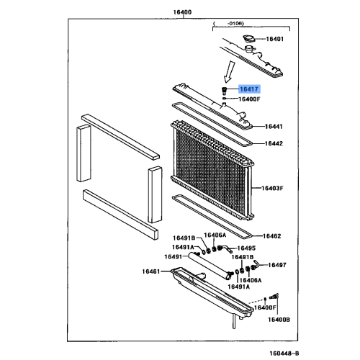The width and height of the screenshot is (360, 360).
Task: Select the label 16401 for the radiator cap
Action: pos(276,39)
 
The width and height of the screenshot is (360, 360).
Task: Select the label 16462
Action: pos(271,235)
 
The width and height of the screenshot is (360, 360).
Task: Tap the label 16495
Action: pos(248,248)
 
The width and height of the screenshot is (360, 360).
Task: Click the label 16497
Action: pos(278,265)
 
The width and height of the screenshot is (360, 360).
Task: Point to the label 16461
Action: pos(152,272)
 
